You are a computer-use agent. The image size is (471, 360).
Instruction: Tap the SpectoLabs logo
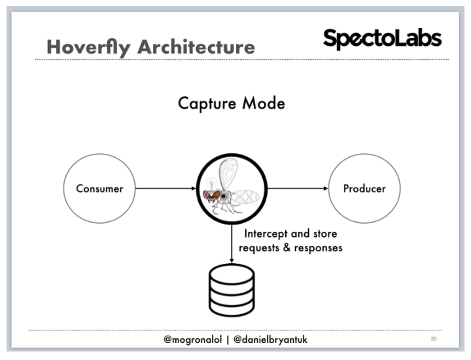pos(382,39)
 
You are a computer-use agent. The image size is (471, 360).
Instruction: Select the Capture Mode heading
pos(232,103)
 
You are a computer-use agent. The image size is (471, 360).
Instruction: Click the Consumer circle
pos(99,189)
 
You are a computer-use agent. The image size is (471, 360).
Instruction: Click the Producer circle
pos(364,189)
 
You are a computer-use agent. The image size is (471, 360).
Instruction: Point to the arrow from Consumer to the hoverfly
pos(166,189)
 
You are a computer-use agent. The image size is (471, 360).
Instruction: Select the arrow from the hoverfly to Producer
pos(298,189)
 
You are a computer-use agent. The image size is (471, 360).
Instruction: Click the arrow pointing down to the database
pos(232,245)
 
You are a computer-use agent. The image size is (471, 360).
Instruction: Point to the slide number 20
pos(434,339)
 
